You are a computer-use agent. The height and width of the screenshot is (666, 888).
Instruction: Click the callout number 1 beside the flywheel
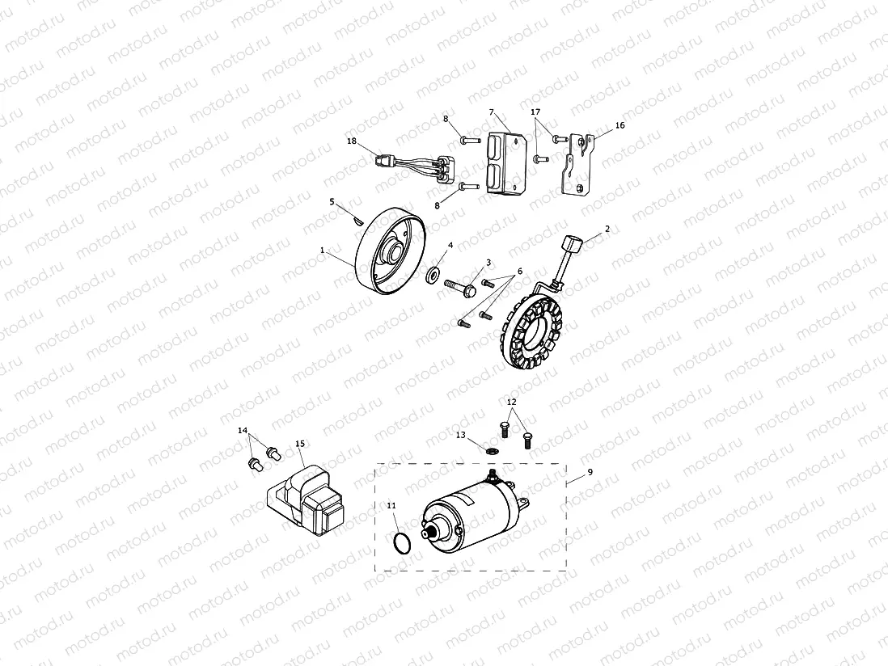point(322,251)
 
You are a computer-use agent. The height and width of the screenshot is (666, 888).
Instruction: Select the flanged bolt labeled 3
point(459,286)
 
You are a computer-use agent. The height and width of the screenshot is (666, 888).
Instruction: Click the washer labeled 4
point(434,275)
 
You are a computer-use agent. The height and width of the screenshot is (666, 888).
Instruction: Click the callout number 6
point(520,271)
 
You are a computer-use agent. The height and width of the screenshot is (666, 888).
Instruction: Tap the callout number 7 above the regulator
point(491,112)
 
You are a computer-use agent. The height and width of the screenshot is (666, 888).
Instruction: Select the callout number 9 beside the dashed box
point(590,471)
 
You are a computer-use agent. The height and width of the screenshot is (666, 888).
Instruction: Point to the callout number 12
point(511,402)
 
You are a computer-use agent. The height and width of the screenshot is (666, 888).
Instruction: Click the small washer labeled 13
point(493,448)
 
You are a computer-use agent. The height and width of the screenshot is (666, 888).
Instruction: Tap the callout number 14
point(243,431)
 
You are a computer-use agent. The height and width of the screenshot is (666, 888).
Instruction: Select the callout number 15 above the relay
point(300,444)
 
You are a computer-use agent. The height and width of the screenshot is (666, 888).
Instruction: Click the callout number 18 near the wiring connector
point(351,141)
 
